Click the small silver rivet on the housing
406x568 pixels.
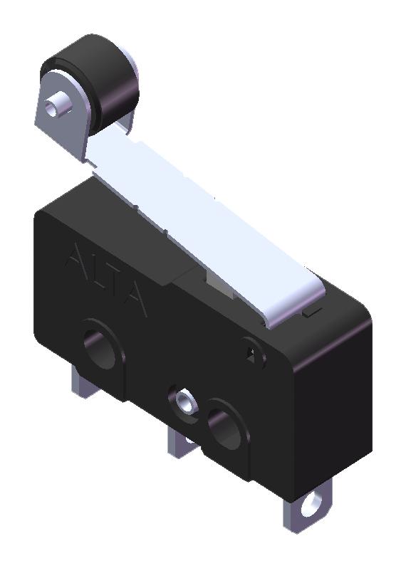[x=184, y=401]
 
